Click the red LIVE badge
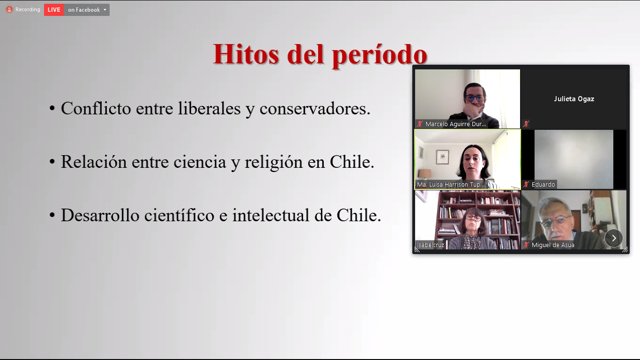54,10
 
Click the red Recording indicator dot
9,10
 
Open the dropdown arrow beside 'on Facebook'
105,10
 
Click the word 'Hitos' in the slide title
246,54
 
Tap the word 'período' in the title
380,55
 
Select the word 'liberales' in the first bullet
209,109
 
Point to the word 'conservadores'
314,109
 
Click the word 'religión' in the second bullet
274,162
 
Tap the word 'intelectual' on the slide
271,215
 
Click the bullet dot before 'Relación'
52,162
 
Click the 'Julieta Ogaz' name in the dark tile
574,99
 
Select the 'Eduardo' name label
543,184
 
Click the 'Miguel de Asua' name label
553,245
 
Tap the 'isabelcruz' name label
430,245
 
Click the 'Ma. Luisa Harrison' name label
451,185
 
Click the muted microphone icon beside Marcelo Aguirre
420,124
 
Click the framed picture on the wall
443,157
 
